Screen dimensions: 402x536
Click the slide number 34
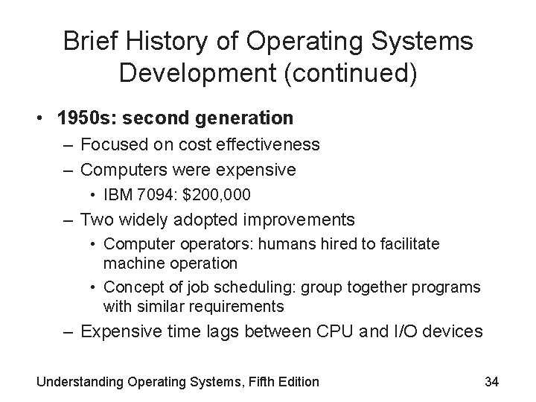[491, 382]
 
